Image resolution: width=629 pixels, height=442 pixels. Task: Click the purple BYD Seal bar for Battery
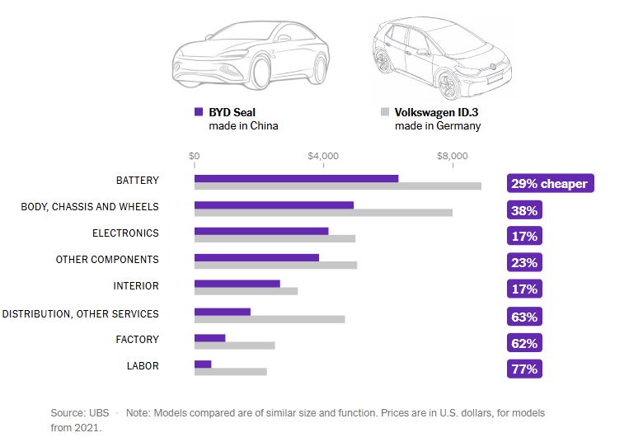(296, 178)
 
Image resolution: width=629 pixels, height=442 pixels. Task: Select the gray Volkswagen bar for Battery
(337, 186)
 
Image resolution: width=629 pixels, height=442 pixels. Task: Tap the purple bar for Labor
(203, 364)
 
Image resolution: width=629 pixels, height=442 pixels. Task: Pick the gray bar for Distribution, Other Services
(270, 319)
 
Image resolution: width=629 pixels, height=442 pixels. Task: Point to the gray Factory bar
(234, 346)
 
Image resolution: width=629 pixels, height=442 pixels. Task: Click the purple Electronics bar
(261, 231)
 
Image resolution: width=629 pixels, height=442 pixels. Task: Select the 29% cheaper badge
(549, 183)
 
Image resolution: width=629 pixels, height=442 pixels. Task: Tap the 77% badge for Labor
(524, 369)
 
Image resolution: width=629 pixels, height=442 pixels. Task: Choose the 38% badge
(524, 210)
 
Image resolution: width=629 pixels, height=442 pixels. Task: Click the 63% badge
(524, 316)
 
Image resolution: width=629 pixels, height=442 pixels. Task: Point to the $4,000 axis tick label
(323, 156)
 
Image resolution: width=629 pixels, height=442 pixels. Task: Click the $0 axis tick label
(195, 156)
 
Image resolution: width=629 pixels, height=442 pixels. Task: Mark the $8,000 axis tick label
(452, 156)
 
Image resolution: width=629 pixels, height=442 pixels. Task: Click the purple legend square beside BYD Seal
(199, 111)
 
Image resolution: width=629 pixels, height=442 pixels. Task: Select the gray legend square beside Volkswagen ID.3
(384, 111)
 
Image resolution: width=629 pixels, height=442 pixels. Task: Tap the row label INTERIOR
(136, 286)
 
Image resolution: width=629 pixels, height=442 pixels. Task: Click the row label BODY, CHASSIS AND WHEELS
(90, 207)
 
